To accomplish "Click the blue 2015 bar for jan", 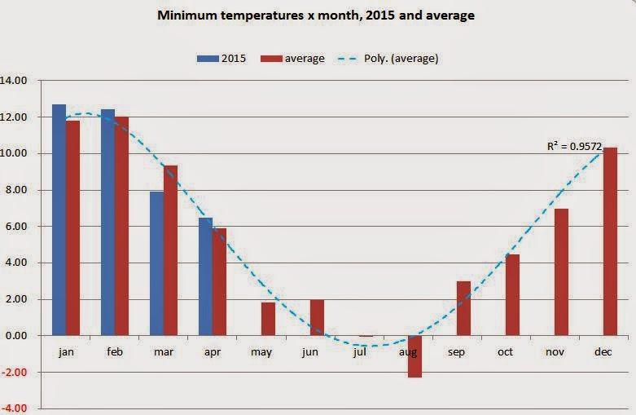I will point(59,220).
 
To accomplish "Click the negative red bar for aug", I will point(414,356).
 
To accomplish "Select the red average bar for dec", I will point(610,241).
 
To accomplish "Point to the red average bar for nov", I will point(561,272).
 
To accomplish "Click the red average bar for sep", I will point(463,308).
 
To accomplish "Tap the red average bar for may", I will point(268,319).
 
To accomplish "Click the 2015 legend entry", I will point(225,58).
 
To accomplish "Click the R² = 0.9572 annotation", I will point(574,146).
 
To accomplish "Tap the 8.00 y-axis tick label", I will point(17,190).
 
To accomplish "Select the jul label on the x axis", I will point(359,351).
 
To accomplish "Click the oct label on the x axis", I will point(506,351).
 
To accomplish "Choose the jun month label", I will point(310,351).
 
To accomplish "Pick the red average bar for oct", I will point(512,295).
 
